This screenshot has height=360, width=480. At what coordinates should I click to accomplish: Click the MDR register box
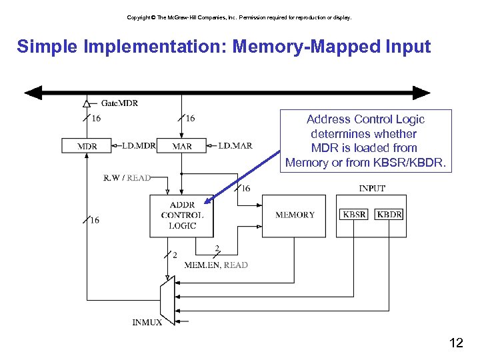coord(86,146)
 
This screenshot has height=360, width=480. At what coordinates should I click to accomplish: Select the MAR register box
coord(181,146)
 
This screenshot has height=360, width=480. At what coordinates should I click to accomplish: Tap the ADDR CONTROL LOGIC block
coord(181,216)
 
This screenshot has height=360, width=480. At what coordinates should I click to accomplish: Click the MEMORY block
coord(294,216)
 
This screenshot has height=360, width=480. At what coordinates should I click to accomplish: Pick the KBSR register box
coord(354,214)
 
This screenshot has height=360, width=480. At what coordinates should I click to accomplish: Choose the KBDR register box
coord(389,214)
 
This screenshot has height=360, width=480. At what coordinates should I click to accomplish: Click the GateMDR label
coord(119,103)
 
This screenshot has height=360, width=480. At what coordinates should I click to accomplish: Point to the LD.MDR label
coord(139,146)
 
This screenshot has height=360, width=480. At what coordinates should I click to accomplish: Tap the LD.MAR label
coord(235,146)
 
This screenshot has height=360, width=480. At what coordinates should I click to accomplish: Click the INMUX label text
coord(147,323)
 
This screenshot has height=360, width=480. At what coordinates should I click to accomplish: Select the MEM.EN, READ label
coord(216,265)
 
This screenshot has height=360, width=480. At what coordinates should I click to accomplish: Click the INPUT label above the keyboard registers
coord(372,188)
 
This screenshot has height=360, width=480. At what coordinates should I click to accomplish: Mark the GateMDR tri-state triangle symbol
coord(87,104)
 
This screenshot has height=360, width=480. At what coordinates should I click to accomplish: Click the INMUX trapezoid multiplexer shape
coord(167,300)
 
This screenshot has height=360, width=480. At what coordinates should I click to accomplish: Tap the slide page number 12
coord(456,343)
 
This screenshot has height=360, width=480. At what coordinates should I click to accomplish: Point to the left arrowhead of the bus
coord(33,93)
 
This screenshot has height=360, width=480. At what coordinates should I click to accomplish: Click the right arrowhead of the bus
coord(421,93)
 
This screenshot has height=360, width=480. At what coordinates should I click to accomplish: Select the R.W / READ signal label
coord(127,177)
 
